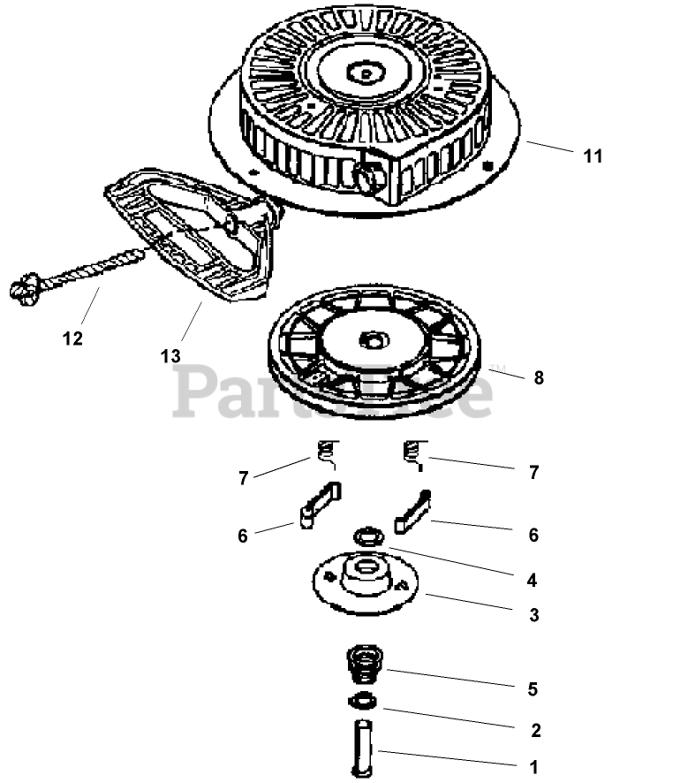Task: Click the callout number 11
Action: click(593, 156)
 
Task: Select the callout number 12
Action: click(72, 338)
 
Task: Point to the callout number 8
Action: click(539, 378)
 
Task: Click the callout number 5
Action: click(533, 688)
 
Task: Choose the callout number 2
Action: click(535, 731)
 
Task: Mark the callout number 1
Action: click(534, 768)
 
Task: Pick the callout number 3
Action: click(533, 616)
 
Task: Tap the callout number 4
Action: click(533, 581)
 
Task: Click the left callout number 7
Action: click(243, 478)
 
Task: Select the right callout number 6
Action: click(533, 535)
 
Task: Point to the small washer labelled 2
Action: click(361, 701)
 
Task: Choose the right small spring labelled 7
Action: click(412, 452)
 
